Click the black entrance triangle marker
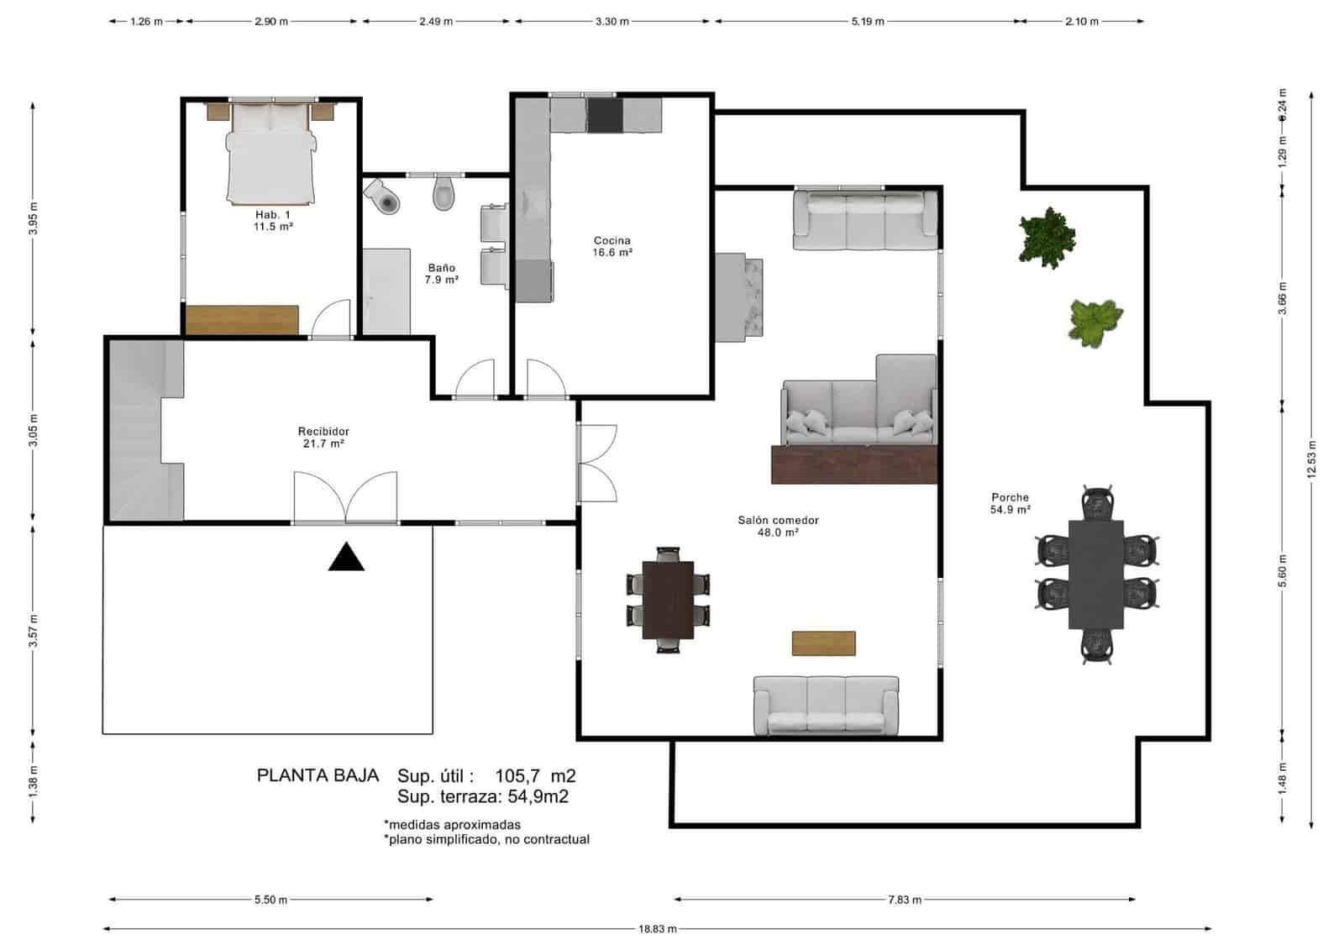346,558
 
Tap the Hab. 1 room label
273,220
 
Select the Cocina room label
612,246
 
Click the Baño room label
442,274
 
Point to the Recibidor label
323,438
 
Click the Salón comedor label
778,527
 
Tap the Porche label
1011,503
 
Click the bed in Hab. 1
270,154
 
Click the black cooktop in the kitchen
605,115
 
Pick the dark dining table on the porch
1096,575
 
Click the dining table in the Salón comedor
668,600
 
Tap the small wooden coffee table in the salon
824,643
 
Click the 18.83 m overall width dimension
658,929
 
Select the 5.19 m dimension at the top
868,22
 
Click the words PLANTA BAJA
318,775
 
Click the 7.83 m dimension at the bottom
905,900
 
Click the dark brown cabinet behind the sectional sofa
854,464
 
